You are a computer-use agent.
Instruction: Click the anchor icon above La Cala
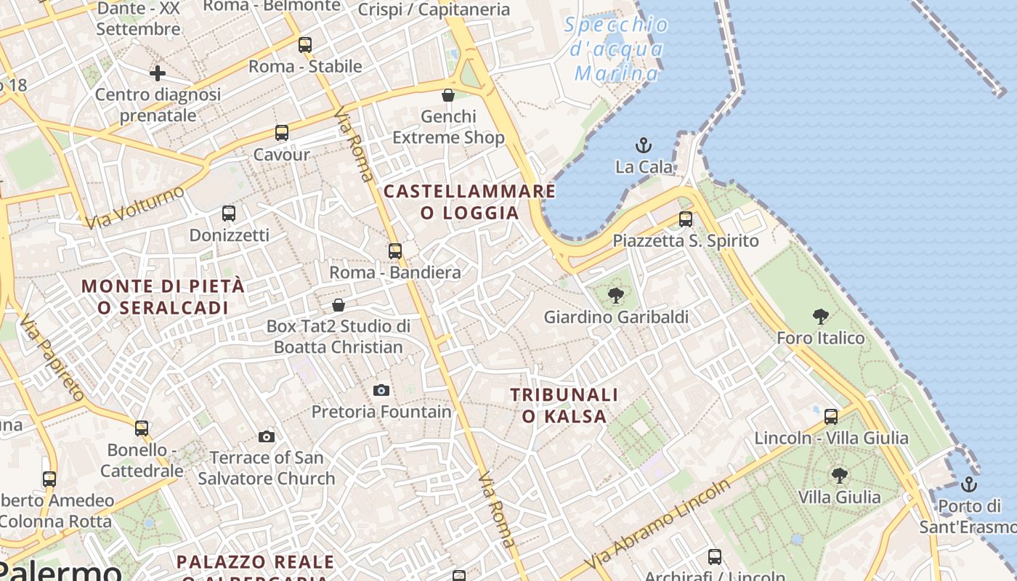click(643, 145)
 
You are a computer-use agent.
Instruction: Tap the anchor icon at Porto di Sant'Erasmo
click(968, 484)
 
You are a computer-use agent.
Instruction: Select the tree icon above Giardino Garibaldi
click(616, 295)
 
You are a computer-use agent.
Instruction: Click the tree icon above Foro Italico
click(821, 316)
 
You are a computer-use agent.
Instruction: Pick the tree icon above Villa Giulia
click(839, 476)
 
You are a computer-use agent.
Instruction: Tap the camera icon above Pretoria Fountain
click(381, 390)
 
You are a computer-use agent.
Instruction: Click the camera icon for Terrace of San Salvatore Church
click(267, 436)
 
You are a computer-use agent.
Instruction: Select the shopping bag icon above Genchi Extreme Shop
click(448, 95)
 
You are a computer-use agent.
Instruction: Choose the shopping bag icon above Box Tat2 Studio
click(338, 305)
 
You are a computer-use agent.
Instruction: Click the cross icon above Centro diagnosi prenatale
click(158, 73)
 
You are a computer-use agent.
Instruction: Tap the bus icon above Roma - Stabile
click(305, 45)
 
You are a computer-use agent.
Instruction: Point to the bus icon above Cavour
click(282, 133)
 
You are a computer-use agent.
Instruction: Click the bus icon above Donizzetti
click(229, 214)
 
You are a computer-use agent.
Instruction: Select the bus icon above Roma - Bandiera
click(395, 251)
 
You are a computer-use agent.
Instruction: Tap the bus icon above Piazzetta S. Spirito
click(686, 219)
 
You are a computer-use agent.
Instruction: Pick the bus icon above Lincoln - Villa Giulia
click(831, 417)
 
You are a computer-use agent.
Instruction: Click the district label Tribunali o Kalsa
click(564, 405)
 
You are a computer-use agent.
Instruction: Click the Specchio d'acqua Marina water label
click(616, 49)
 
